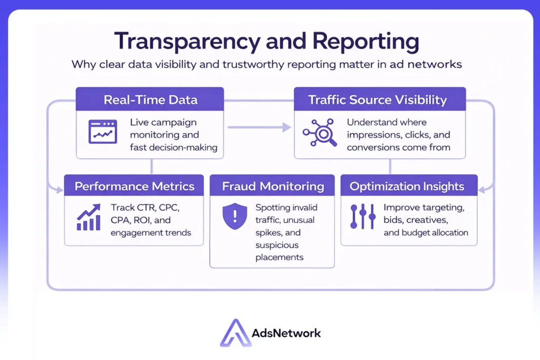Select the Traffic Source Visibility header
(x=377, y=100)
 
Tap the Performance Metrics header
(x=134, y=186)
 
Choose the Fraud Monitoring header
(x=273, y=186)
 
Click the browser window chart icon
(x=102, y=131)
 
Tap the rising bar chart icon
(x=89, y=218)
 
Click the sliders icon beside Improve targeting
(x=363, y=218)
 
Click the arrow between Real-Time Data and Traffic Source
(x=259, y=127)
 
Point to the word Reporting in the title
(x=364, y=42)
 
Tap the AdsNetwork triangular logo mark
(x=236, y=333)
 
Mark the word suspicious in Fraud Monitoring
(x=277, y=245)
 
